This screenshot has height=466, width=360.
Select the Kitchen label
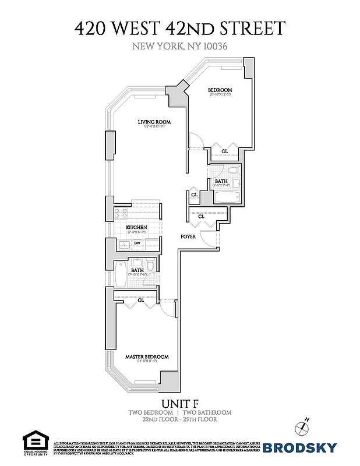click(137, 227)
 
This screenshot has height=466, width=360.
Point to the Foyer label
click(188, 236)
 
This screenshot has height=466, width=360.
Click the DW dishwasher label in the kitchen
click(137, 242)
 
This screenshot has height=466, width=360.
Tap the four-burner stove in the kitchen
click(121, 213)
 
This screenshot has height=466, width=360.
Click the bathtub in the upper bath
click(224, 198)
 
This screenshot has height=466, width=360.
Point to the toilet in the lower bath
click(150, 266)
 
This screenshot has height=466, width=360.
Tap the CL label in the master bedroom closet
click(141, 300)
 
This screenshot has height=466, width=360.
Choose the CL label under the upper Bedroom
click(225, 151)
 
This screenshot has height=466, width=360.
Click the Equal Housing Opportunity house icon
click(34, 440)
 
